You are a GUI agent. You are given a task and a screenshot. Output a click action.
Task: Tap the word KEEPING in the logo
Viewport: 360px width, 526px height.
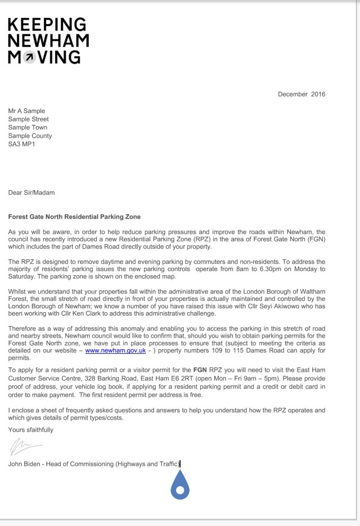[47, 25]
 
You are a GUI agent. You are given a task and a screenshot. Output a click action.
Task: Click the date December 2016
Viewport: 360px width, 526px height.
[301, 94]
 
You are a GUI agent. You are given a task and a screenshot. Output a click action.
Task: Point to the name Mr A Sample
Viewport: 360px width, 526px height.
[26, 111]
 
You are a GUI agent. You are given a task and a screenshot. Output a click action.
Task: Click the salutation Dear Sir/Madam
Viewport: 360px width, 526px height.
[31, 192]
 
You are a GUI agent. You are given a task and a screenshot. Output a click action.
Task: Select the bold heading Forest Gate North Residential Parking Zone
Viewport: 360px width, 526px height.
[74, 217]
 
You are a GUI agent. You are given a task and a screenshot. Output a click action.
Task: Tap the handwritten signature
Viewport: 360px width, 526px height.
[25, 448]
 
